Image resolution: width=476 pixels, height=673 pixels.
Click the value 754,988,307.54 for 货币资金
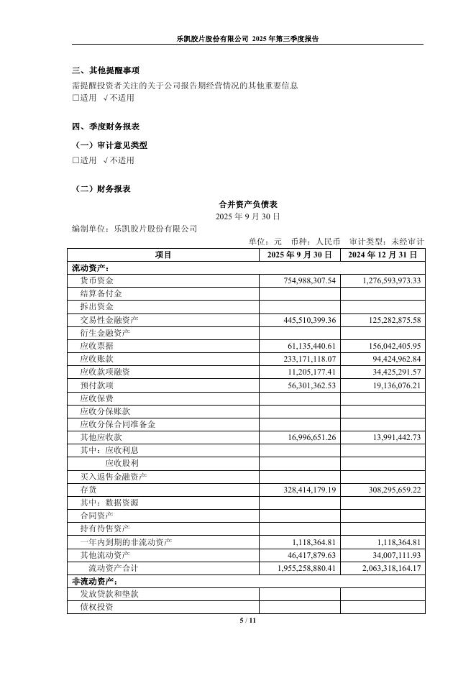(311, 280)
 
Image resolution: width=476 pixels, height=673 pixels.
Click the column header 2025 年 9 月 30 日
(299, 255)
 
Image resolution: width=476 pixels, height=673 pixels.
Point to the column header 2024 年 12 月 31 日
(383, 255)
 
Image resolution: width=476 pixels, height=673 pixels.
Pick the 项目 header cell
(163, 255)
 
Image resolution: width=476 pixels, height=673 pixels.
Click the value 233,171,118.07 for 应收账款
(311, 359)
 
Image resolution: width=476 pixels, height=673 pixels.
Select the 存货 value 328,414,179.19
(311, 490)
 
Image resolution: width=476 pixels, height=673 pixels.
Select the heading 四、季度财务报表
(106, 127)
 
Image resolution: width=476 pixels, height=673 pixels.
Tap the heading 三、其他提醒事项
(106, 70)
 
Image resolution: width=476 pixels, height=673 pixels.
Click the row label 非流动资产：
(94, 581)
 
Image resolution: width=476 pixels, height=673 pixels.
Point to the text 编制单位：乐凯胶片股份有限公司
(134, 229)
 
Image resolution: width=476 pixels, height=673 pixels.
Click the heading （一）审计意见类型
(111, 145)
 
